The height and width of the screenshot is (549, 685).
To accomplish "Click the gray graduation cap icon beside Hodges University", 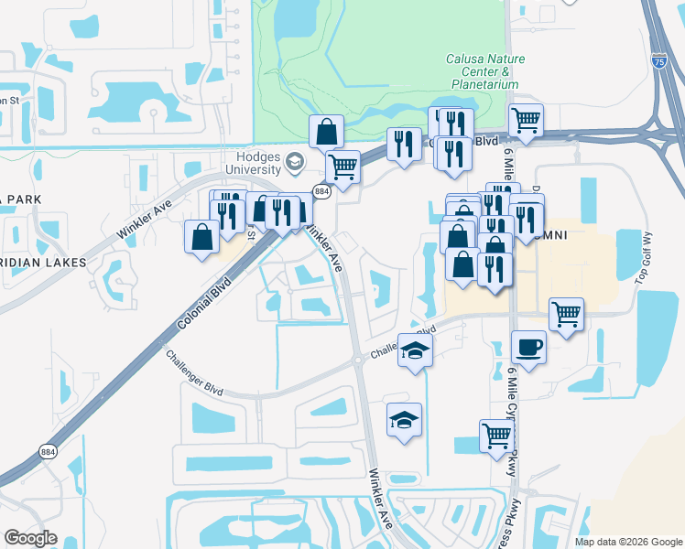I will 295,163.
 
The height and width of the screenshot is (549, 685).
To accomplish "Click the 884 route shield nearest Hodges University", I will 321,191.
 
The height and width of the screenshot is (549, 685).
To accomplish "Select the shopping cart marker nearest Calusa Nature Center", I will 526,120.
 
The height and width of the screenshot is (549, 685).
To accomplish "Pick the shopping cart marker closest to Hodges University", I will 342,167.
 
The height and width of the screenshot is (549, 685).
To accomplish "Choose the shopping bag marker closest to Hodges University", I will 326,132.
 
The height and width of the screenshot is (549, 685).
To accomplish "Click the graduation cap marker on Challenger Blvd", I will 415,350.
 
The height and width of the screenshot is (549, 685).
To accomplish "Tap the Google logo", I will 31,537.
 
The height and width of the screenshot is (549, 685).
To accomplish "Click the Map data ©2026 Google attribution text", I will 628,542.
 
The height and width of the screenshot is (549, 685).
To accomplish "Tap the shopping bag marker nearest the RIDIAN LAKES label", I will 201,237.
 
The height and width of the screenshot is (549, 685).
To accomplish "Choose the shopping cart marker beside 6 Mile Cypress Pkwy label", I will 495,436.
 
